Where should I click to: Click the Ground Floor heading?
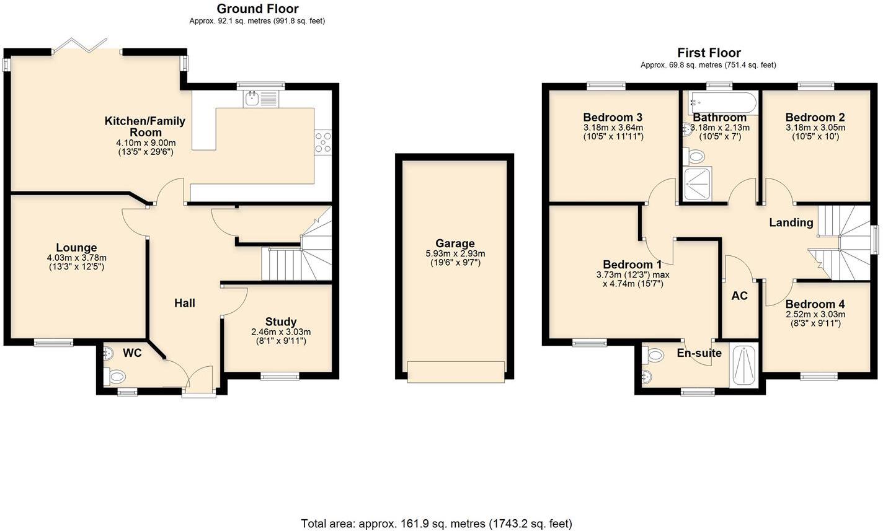pyautogui.click(x=257, y=9)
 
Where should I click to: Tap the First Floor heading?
pyautogui.click(x=708, y=53)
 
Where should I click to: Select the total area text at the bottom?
pyautogui.click(x=436, y=524)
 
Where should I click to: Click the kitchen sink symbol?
pyautogui.click(x=252, y=99)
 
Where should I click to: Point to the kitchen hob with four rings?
pyautogui.click(x=323, y=142)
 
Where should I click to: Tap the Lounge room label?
pyautogui.click(x=76, y=248)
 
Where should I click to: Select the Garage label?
pyautogui.click(x=455, y=244)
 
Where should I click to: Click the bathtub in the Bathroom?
pyautogui.click(x=721, y=102)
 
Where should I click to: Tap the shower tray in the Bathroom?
pyautogui.click(x=698, y=183)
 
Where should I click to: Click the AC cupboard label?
pyautogui.click(x=739, y=296)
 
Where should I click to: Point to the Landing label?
pyautogui.click(x=791, y=222)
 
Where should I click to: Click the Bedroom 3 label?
pyautogui.click(x=612, y=117)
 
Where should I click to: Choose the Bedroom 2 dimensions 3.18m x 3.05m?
pyautogui.click(x=815, y=128)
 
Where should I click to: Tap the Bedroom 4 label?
pyautogui.click(x=815, y=304)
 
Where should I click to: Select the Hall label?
pyautogui.click(x=185, y=303)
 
